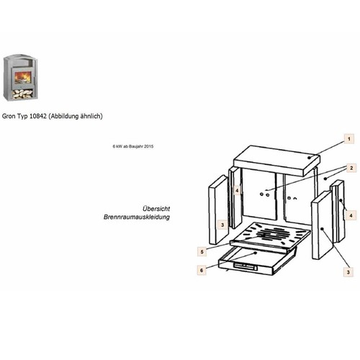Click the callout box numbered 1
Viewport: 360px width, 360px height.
pos(349,139)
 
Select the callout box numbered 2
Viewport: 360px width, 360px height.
pos(351,168)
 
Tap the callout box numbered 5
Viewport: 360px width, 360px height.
pos(202,252)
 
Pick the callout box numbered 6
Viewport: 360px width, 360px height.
pos(202,270)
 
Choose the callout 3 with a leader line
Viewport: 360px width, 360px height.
pos(348,272)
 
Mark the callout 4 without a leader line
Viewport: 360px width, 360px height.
pos(237,191)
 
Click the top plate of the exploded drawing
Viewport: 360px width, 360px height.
pos(276,161)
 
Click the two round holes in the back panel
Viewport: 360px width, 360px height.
pos(264,194)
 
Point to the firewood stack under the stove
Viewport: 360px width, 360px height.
pos(22,94)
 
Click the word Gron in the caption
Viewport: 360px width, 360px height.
pos(9,116)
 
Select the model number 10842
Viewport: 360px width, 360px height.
pos(38,116)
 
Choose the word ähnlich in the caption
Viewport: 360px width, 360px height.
pos(91,117)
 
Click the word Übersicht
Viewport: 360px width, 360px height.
pos(156,209)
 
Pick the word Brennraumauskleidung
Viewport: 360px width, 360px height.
pos(137,217)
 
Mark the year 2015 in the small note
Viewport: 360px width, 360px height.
pos(149,146)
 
